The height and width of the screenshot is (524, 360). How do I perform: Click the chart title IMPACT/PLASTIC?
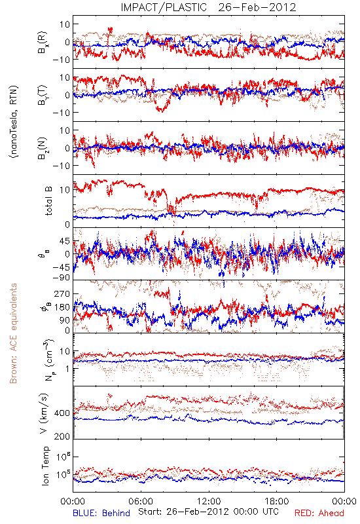164,7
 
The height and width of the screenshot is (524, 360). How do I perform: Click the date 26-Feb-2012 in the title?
257,7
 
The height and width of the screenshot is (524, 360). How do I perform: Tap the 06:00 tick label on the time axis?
141,501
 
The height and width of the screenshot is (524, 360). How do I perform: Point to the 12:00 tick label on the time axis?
209,501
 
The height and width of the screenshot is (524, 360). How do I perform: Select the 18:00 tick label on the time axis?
277,501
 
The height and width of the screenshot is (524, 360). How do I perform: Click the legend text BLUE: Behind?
101,513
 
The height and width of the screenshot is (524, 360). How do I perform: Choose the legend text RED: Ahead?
319,513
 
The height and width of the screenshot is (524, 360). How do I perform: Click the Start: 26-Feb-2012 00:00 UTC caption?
208,512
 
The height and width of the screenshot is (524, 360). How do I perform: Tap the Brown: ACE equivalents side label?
13,333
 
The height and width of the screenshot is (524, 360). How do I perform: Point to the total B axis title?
48,201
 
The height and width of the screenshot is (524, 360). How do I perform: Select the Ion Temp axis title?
45,466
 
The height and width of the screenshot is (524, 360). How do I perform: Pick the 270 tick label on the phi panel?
62,293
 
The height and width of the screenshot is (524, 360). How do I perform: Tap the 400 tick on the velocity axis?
62,413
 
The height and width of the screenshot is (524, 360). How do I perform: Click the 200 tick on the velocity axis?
62,436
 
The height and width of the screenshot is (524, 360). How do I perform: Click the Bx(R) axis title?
43,43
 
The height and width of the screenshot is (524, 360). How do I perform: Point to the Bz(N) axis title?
43,148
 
